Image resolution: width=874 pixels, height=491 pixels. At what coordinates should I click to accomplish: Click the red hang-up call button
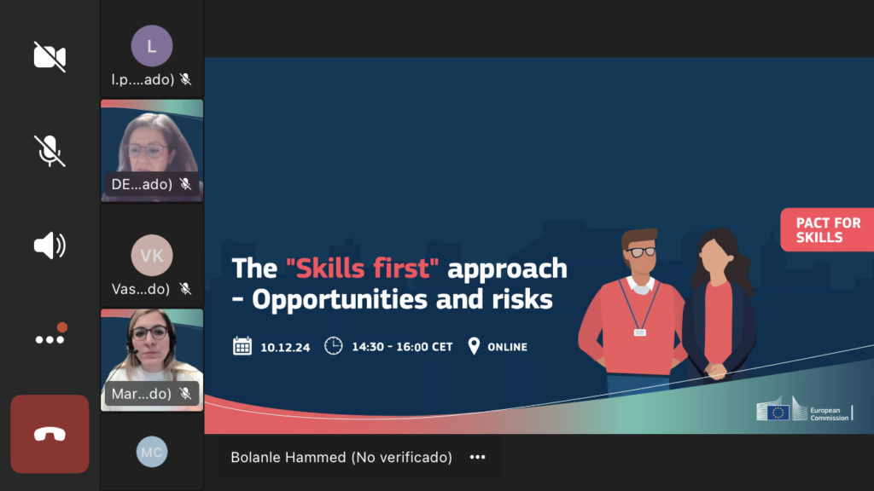[x=50, y=434]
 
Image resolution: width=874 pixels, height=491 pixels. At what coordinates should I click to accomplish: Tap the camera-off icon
[x=50, y=56]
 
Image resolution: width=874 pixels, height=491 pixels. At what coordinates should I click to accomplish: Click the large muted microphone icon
[x=50, y=150]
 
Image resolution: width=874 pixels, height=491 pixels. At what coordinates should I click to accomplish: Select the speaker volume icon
[x=50, y=245]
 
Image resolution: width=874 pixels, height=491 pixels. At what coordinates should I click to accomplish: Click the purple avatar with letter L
[x=152, y=46]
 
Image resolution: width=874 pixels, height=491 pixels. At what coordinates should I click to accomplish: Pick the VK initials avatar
[x=152, y=255]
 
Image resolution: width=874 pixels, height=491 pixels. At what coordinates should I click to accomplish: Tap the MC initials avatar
[x=152, y=452]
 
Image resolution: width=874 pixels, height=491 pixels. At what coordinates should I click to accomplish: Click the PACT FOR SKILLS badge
[x=827, y=230]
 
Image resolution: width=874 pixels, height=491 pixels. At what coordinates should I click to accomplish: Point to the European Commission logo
[x=804, y=409]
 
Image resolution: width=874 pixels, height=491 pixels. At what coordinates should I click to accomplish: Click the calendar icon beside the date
[x=242, y=346]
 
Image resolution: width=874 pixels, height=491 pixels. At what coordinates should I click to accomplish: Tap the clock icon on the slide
[x=334, y=346]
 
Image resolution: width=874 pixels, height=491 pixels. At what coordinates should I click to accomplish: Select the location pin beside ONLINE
[x=474, y=346]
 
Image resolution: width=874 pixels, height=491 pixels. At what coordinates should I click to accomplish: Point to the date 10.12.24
[x=285, y=348]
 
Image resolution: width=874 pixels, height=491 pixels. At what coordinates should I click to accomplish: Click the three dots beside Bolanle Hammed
[x=478, y=457]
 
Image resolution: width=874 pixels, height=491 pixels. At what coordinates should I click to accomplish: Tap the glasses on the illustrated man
[x=641, y=252]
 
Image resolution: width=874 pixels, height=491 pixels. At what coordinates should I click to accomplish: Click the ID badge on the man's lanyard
[x=640, y=332]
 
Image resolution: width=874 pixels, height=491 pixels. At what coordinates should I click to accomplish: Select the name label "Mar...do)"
[x=141, y=394]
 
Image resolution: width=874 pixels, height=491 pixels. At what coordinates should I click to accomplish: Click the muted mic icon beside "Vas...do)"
[x=185, y=288]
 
